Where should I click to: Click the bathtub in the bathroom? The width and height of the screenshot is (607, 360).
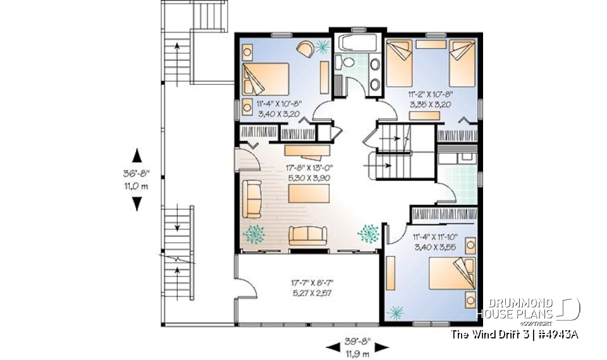coord(358,43)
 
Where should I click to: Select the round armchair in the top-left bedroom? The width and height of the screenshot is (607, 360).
coord(304,49)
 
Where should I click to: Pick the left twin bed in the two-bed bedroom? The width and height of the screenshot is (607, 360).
coord(400,63)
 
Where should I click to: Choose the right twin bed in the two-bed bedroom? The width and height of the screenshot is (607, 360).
coord(462,63)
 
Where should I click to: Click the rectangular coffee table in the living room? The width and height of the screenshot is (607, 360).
coord(309,195)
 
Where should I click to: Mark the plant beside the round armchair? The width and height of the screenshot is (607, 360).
coord(323,46)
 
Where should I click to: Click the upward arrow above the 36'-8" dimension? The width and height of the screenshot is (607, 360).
coord(136,156)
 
